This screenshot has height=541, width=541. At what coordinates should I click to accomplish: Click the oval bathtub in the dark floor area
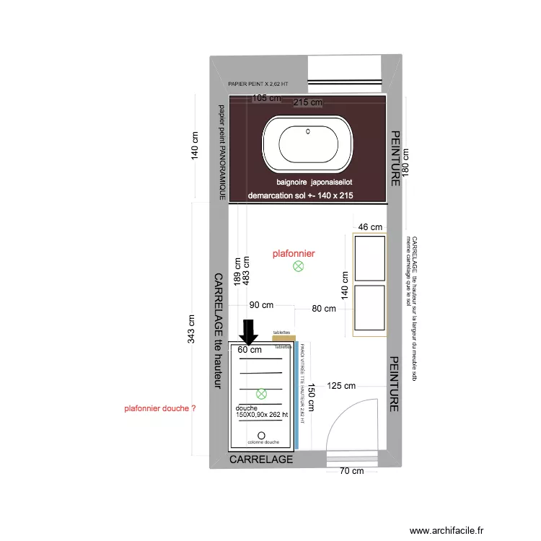308,142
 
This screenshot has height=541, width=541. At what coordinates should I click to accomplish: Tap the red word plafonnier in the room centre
294,253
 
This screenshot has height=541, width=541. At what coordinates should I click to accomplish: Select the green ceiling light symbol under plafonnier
298,267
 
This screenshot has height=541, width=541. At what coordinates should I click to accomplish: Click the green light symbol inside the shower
262,394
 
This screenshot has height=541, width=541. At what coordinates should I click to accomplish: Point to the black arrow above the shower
249,333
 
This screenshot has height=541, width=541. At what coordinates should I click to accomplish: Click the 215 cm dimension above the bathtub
308,102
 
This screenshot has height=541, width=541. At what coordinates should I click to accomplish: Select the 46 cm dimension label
371,227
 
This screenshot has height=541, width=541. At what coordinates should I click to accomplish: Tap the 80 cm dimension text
325,309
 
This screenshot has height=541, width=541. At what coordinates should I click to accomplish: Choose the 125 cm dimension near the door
342,386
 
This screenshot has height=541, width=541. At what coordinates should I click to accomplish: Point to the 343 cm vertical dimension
191,330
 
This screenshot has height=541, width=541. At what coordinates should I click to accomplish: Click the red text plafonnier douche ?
160,408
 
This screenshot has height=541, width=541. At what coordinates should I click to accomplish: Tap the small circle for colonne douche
261,435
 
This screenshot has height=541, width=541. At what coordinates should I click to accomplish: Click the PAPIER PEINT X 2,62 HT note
258,84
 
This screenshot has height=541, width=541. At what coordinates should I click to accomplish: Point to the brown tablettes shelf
284,338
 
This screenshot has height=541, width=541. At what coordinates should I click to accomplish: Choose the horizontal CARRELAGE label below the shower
261,459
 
